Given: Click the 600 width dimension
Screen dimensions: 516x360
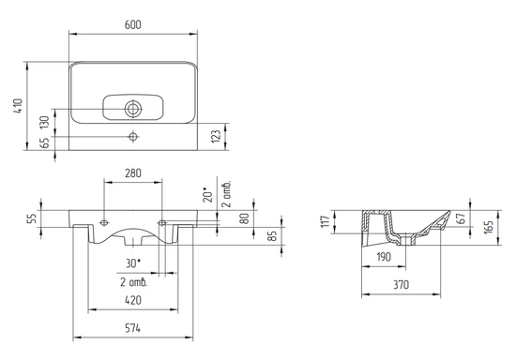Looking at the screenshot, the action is tap(133, 25).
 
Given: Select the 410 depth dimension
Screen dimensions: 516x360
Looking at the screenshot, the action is tap(18, 106).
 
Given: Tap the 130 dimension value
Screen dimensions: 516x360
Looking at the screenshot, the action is tap(44, 122).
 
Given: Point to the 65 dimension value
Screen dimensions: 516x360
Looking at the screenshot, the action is tap(44, 142).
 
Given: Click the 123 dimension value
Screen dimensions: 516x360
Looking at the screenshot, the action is tap(216, 137).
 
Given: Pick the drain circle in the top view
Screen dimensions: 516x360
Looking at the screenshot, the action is tap(133, 109).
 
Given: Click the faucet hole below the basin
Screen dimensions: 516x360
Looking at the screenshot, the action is tap(133, 136).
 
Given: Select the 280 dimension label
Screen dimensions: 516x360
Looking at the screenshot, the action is tap(133, 173).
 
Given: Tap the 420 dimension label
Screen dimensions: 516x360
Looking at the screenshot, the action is tap(133, 300).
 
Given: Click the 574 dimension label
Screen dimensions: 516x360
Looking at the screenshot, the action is tap(132, 328).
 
